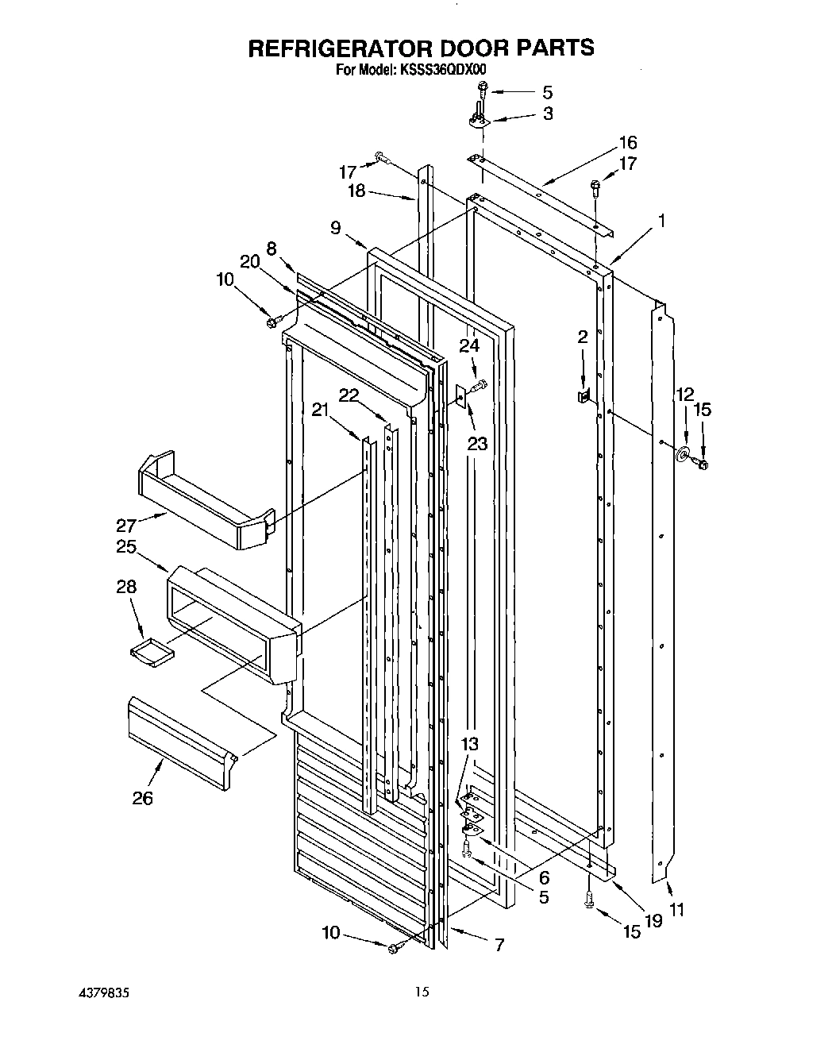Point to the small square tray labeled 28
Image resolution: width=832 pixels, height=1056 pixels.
[x=151, y=651]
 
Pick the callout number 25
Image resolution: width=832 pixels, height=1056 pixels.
[x=125, y=547]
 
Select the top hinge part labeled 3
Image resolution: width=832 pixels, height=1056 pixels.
[x=478, y=119]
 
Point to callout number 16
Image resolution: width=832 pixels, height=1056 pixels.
[x=627, y=143]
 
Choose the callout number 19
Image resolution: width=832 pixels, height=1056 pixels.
[x=653, y=921]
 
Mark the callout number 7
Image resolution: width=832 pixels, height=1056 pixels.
[x=499, y=945]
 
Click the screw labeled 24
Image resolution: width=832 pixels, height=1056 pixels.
[x=478, y=387]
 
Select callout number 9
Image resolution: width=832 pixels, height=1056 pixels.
[x=337, y=228]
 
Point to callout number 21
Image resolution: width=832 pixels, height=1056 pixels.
[x=319, y=410]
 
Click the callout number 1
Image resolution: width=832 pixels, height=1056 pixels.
[x=660, y=222]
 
